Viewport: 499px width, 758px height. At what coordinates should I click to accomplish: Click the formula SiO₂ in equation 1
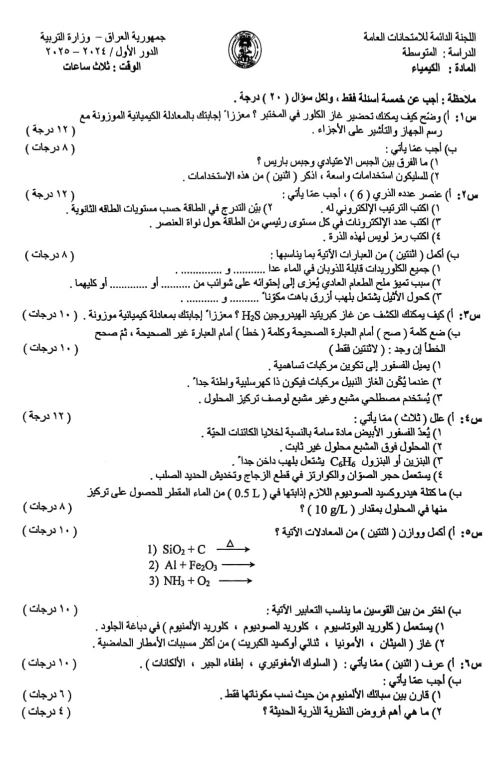pyautogui.click(x=173, y=550)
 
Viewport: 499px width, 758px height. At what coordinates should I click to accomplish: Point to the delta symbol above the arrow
pyautogui.click(x=230, y=543)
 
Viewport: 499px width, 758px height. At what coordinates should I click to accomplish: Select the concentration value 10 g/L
pyautogui.click(x=329, y=510)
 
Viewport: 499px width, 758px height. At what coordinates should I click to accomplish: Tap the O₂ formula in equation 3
pyautogui.click(x=204, y=581)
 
